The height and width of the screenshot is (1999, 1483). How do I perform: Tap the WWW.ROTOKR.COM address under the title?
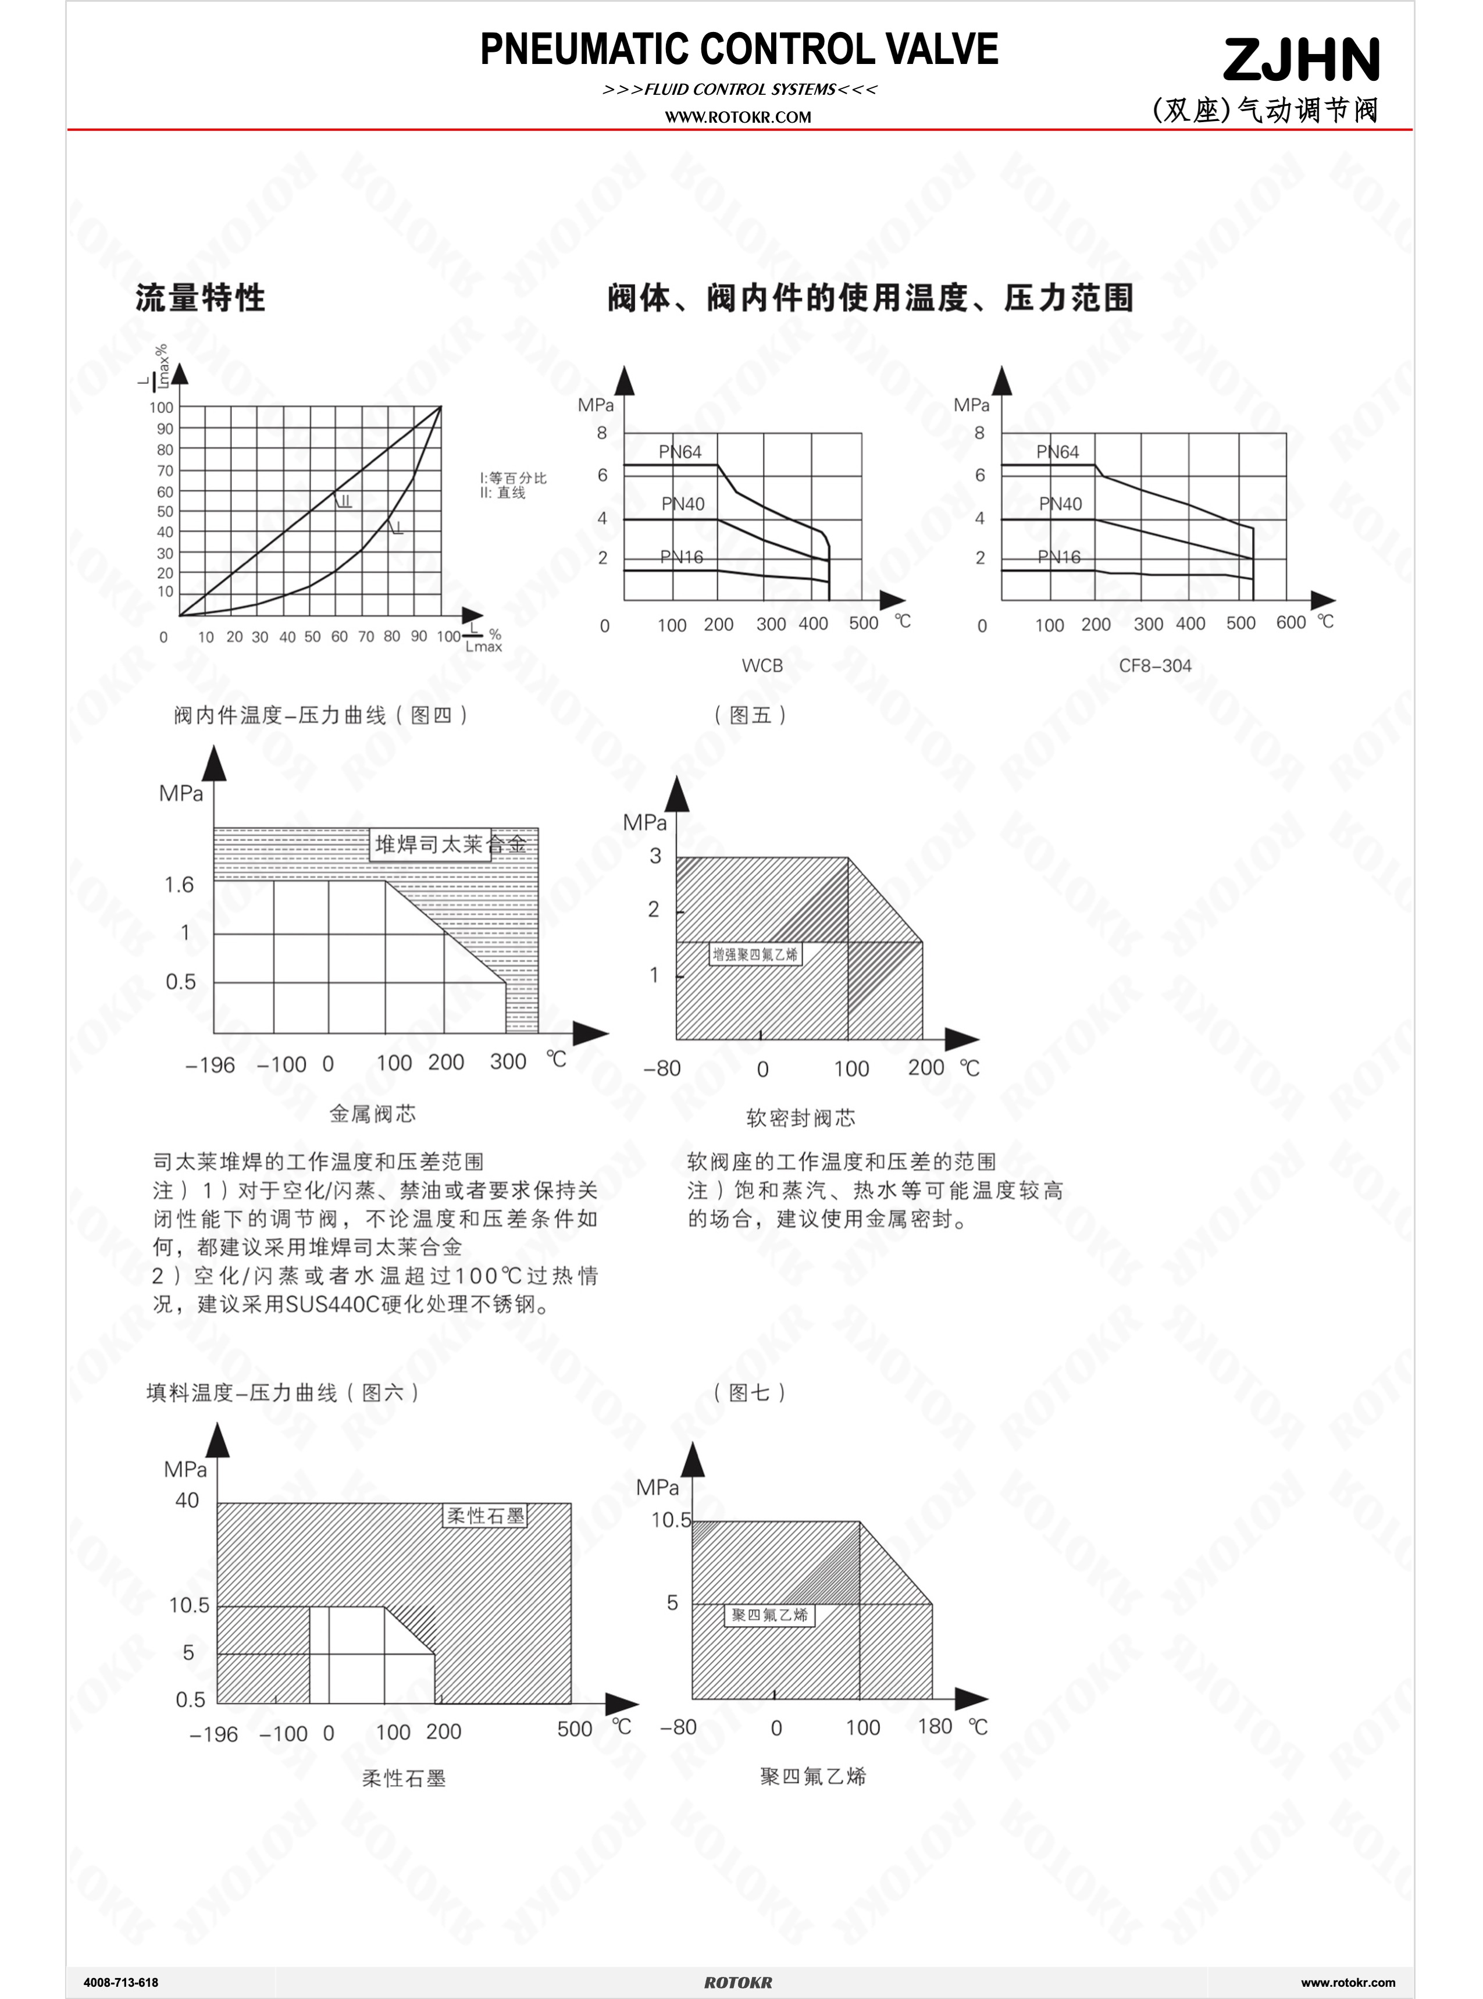click(738, 117)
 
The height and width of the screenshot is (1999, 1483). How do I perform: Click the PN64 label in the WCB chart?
click(679, 451)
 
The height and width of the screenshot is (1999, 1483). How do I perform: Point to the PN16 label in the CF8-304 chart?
click(1058, 557)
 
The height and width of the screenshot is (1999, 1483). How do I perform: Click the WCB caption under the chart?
click(762, 665)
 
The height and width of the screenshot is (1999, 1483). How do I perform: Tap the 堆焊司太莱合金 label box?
click(431, 844)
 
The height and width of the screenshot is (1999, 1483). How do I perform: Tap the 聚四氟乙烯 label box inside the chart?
click(769, 1615)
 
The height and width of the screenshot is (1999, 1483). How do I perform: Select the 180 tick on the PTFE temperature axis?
click(935, 1726)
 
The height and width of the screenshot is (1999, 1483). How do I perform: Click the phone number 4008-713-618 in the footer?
click(120, 1982)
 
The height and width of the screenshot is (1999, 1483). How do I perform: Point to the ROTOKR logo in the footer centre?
click(738, 1982)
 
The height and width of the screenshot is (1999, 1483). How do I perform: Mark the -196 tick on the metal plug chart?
click(210, 1066)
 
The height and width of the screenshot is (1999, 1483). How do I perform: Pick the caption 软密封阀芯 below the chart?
click(801, 1117)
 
